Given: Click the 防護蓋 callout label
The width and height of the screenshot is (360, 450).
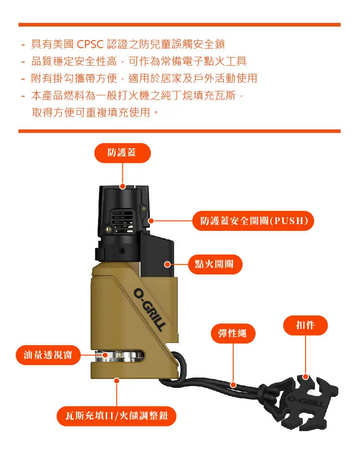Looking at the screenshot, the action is coord(122,153).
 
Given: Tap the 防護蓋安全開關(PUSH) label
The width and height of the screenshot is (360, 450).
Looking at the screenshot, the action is coord(253,220).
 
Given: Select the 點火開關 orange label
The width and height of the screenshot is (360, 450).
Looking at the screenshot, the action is coord(215,264).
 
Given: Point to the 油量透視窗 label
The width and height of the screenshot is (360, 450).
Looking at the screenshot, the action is coord(48,355).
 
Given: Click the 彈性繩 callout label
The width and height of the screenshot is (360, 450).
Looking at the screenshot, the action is coord(233,333).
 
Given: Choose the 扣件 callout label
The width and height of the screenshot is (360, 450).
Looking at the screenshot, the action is coord(306,325).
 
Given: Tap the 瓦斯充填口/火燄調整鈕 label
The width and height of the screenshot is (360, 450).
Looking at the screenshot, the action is coord(116,416).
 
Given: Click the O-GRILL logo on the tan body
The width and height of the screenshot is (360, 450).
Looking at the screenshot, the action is coord(150,310).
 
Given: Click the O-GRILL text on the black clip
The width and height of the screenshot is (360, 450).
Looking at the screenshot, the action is coord(306,401).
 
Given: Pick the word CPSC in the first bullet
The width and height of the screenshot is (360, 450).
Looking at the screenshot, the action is coord(90,44).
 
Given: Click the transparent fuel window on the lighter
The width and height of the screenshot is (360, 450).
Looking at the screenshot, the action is coord(120,356).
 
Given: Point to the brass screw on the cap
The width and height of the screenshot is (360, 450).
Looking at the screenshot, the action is coord(108,229).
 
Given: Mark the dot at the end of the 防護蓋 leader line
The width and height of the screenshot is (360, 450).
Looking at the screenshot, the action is coord(122,187).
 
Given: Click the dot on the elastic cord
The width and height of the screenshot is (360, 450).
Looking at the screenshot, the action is coord(234,385).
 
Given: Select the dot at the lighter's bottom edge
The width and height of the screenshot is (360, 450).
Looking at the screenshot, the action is coord(117,381).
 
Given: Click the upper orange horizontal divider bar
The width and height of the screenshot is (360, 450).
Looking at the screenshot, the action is coord(180,25).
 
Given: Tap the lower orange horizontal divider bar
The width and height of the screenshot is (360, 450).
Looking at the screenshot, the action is coord(180,131).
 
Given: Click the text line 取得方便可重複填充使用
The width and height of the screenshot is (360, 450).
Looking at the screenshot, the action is coord(92,112).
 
